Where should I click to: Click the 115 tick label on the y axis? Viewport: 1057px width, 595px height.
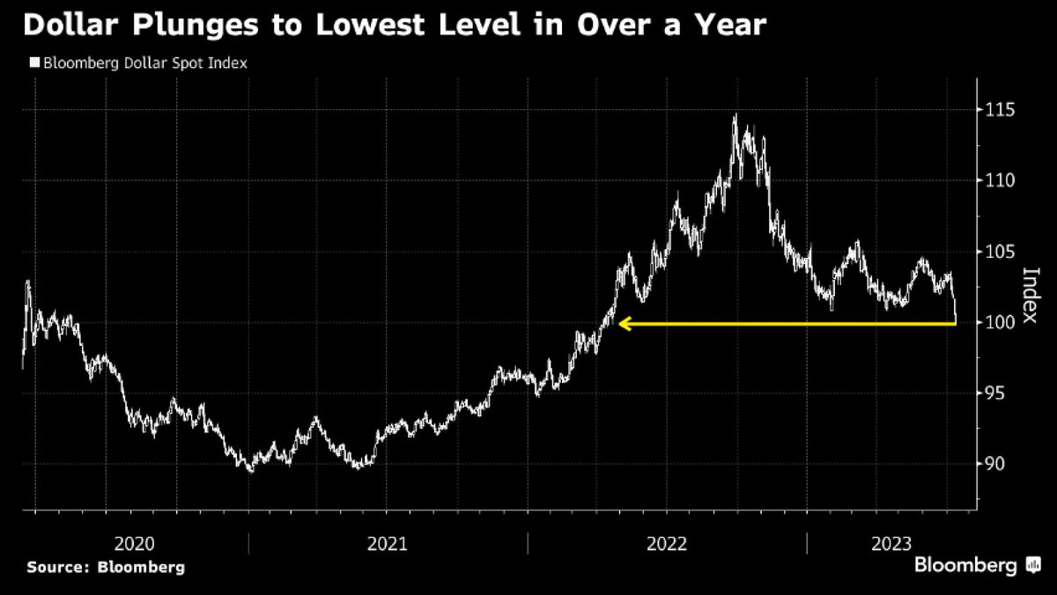pos(1002,110)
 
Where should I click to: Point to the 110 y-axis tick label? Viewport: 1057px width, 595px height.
pos(1002,180)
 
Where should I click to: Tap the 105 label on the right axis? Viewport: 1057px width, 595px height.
pos(1002,252)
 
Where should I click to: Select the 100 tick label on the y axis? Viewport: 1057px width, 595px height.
pos(1002,322)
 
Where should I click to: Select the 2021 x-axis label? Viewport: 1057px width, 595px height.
pos(387,544)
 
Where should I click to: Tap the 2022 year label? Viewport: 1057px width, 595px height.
pos(666,544)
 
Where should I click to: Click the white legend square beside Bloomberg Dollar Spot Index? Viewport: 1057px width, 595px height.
pos(34,63)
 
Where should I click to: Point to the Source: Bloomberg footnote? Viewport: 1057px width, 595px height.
pos(106,567)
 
